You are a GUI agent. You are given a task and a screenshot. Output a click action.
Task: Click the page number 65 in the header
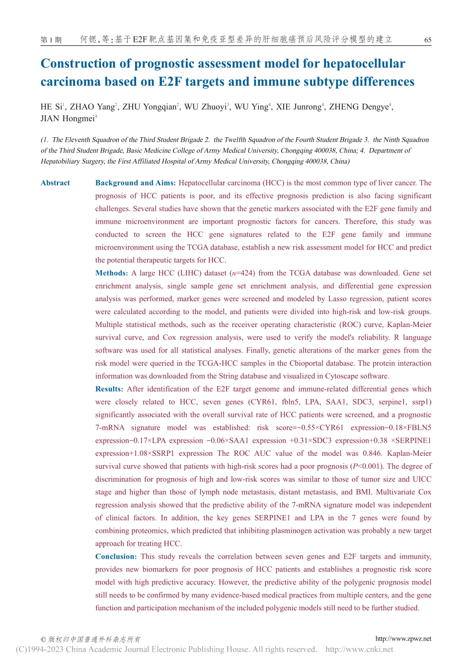click(x=427, y=40)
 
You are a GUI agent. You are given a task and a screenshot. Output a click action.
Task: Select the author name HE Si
click(x=51, y=107)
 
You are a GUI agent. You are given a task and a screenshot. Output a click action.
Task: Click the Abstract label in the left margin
click(x=55, y=183)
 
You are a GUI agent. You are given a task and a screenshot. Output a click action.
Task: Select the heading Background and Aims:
click(x=135, y=183)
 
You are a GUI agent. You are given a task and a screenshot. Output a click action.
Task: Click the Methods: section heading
click(x=111, y=273)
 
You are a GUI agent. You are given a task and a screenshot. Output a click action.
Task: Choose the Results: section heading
click(x=109, y=389)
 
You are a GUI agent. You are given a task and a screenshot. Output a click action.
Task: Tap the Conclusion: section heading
click(x=115, y=557)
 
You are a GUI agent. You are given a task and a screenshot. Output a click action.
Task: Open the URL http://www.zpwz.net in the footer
click(x=403, y=639)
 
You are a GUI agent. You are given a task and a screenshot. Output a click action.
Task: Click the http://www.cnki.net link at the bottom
click(x=359, y=649)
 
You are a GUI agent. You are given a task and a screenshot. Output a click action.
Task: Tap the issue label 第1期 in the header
click(x=51, y=40)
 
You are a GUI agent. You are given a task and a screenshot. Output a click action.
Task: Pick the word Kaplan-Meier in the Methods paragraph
click(x=408, y=325)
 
